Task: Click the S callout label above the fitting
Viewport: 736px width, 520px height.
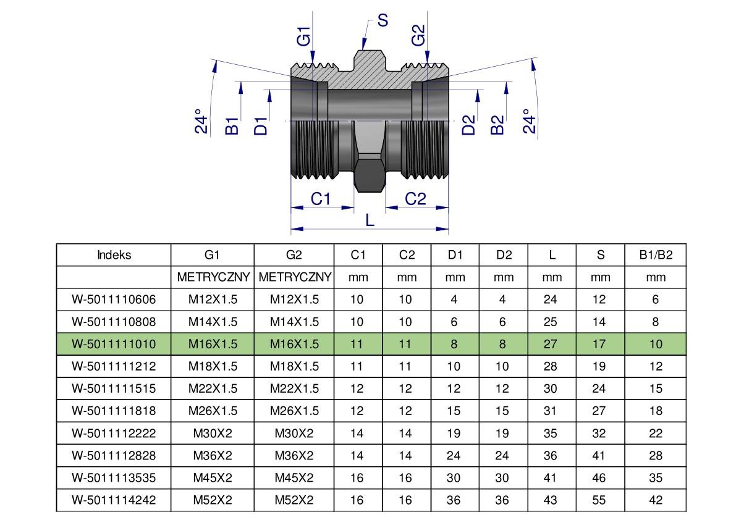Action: tap(383, 20)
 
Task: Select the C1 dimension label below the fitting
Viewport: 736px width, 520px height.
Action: tap(321, 199)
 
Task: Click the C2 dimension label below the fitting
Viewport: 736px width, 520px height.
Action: tap(415, 199)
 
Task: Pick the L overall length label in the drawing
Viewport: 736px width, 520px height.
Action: tap(370, 220)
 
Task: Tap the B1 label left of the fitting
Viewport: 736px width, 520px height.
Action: tap(232, 125)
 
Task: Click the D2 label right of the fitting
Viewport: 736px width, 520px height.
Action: tap(470, 125)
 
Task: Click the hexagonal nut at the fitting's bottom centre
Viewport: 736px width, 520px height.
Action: tap(369, 173)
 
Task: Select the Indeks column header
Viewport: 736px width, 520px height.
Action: tap(114, 255)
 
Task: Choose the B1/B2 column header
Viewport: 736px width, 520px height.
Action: tap(655, 255)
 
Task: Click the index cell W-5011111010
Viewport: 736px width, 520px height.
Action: tap(114, 344)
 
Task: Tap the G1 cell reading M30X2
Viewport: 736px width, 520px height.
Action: tap(213, 433)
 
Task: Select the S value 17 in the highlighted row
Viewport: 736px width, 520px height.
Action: tap(599, 344)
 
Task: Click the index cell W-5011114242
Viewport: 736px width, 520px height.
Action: tap(114, 500)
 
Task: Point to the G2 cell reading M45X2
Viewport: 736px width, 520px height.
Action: tap(294, 477)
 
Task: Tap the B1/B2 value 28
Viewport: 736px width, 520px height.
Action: tap(656, 455)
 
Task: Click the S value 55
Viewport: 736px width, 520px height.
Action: tap(599, 500)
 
